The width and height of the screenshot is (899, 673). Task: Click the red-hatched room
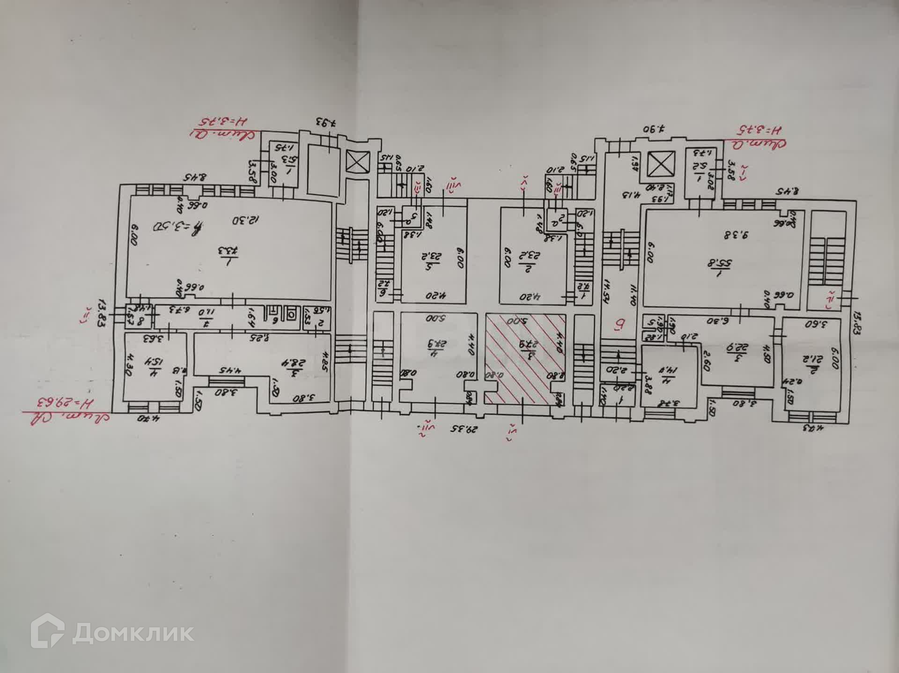[x=524, y=358]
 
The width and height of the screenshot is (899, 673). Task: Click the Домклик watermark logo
[x=112, y=633]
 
